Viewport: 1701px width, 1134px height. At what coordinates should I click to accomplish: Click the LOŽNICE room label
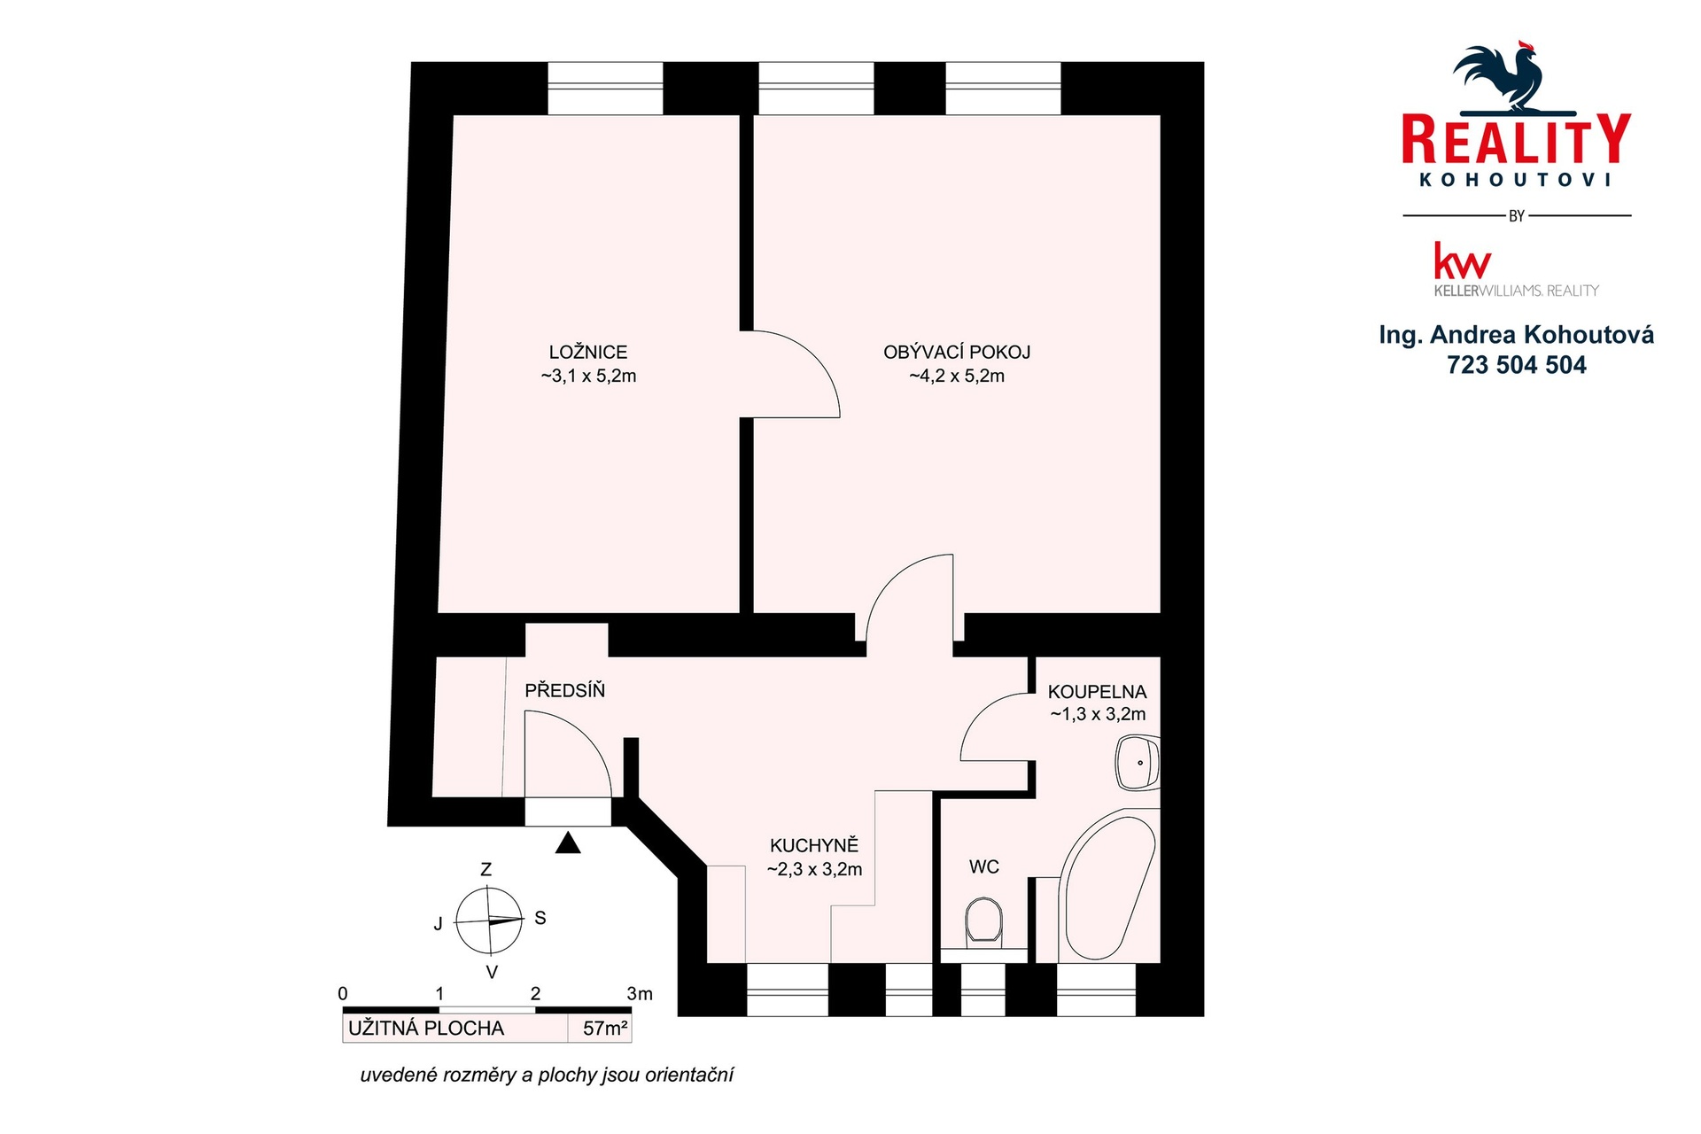588,352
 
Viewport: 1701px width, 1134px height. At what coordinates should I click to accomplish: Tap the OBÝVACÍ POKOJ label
957,352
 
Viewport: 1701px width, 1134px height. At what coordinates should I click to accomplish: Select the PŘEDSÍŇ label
564,690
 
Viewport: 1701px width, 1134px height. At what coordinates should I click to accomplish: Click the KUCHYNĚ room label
814,845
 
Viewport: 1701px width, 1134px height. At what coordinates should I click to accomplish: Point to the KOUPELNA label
1097,692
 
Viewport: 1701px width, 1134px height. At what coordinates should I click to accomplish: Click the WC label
984,866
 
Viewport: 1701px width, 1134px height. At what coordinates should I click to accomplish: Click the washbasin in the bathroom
1138,763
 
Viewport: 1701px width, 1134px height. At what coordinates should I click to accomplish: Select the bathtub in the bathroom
1107,886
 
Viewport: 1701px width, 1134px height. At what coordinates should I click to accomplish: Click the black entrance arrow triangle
568,843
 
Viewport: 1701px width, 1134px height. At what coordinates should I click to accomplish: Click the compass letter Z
485,870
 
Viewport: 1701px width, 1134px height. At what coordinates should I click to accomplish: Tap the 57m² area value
605,1029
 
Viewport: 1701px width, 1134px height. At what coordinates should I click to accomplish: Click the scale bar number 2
535,994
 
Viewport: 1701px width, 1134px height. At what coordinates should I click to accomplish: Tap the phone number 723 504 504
1517,365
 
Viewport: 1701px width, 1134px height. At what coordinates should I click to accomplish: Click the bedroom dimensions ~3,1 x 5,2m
588,376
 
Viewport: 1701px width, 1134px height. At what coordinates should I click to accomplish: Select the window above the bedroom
605,88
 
